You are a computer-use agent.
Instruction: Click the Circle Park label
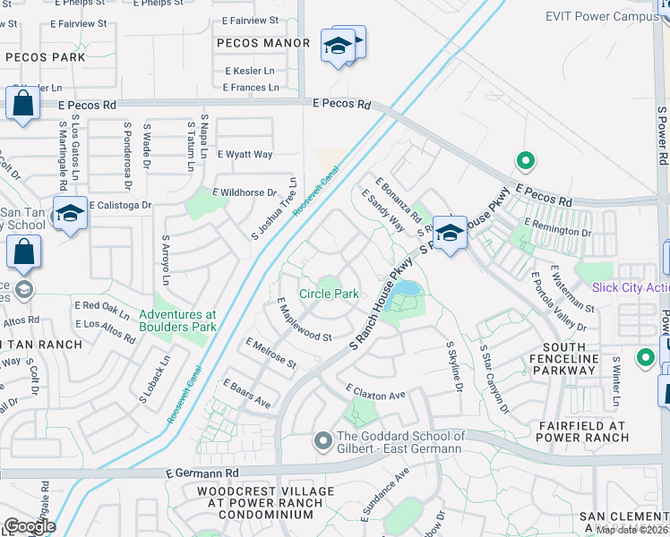tap(329, 294)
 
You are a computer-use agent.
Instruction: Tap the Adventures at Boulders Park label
tap(177, 320)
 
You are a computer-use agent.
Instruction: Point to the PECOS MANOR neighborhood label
tap(263, 43)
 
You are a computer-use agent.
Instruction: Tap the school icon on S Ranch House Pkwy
tap(450, 232)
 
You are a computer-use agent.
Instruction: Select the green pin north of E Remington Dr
tap(526, 162)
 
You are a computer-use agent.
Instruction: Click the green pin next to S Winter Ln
tap(644, 358)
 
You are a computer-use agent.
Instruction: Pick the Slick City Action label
tap(631, 287)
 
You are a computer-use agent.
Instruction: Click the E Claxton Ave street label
tap(376, 393)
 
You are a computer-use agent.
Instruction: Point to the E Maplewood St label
tap(305, 323)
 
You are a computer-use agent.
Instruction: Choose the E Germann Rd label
tap(204, 472)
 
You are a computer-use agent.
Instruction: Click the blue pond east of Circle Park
tap(406, 289)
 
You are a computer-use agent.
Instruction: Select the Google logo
tap(30, 525)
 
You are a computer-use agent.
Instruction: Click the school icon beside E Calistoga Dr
tap(70, 213)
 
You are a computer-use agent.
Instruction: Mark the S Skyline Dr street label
tap(453, 366)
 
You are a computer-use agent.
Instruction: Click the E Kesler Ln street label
tap(251, 70)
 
